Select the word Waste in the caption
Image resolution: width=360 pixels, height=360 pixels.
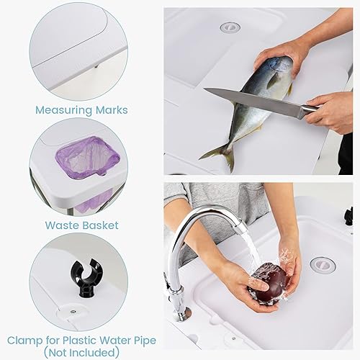[60, 225]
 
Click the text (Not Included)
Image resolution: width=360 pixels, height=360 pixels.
[81, 352]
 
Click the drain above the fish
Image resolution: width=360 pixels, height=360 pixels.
[230, 27]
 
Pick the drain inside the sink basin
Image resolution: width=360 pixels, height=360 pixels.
[322, 264]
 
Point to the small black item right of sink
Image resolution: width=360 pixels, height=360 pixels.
[349, 215]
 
